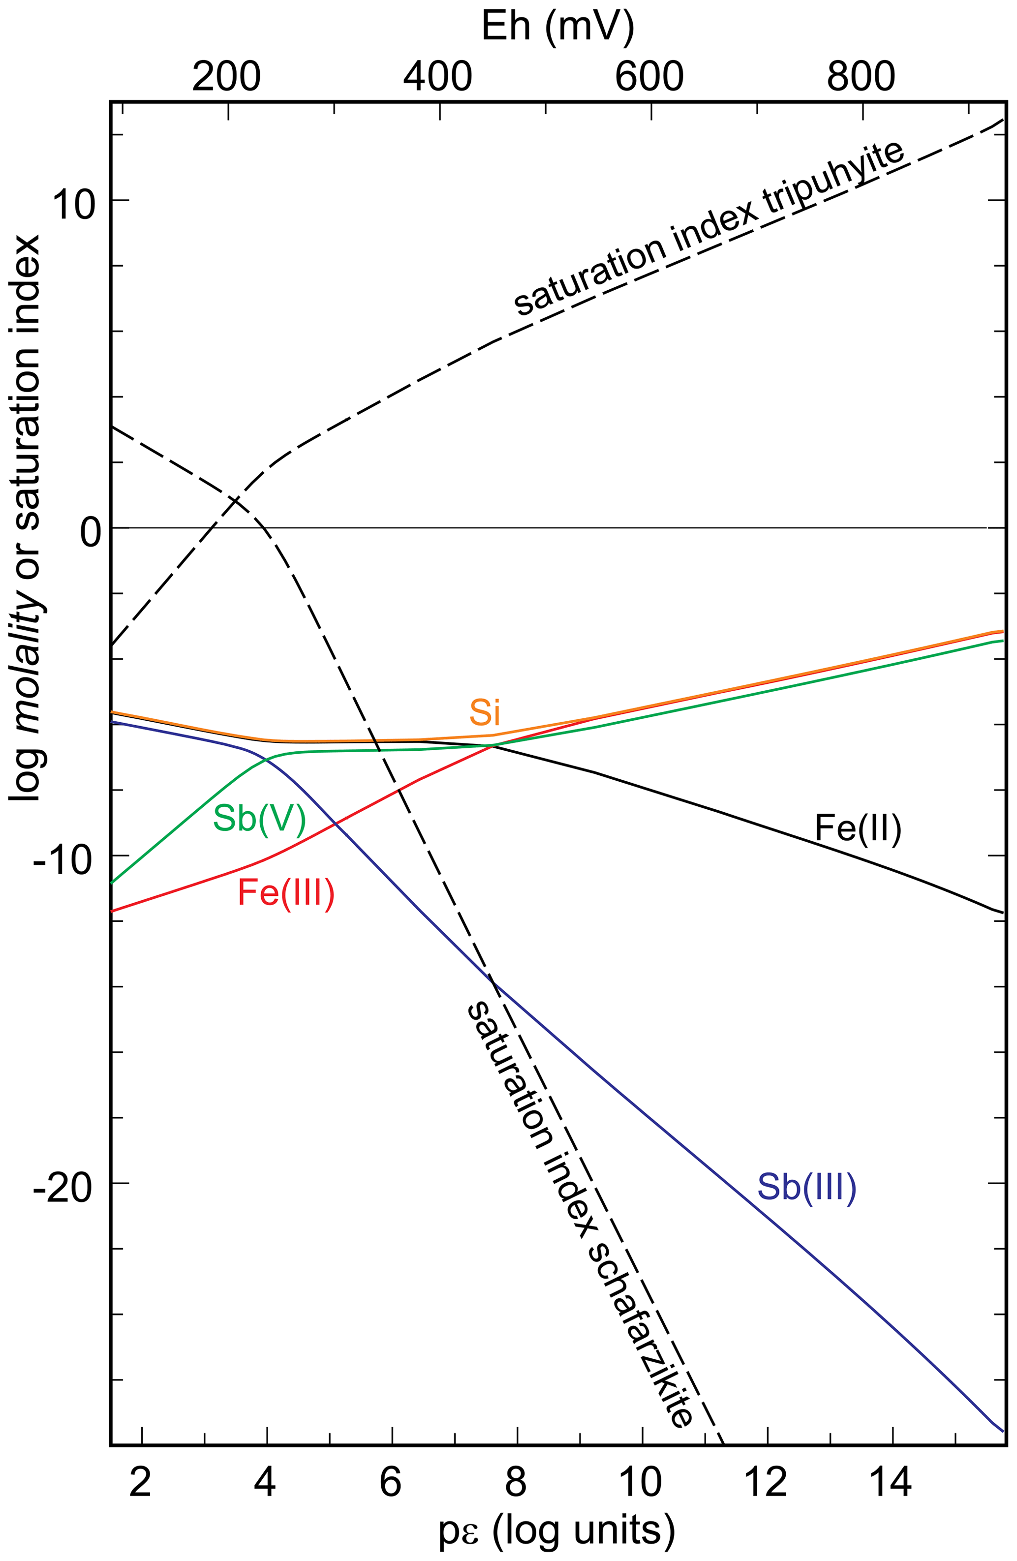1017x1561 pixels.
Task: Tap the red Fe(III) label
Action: tap(286, 892)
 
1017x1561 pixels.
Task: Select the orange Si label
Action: tap(484, 712)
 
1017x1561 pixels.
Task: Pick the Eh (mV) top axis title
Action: tap(558, 28)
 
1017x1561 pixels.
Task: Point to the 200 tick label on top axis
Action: tap(226, 77)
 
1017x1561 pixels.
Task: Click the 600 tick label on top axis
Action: tap(649, 77)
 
